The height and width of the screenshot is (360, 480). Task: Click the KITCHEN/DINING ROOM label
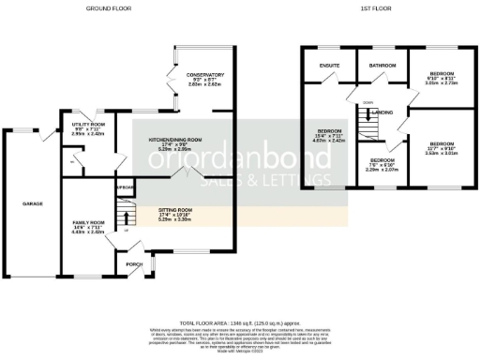click(x=175, y=140)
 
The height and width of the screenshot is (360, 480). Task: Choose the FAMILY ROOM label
click(x=88, y=223)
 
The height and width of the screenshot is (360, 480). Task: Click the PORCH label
click(x=135, y=265)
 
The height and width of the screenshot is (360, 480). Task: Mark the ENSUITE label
click(x=328, y=66)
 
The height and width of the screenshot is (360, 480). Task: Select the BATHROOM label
click(x=382, y=66)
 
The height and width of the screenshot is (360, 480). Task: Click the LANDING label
click(x=382, y=112)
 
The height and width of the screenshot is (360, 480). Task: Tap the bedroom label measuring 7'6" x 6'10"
click(x=382, y=162)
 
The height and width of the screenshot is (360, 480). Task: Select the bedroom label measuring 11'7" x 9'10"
click(x=441, y=143)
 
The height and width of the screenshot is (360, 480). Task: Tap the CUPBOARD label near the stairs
click(x=125, y=187)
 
